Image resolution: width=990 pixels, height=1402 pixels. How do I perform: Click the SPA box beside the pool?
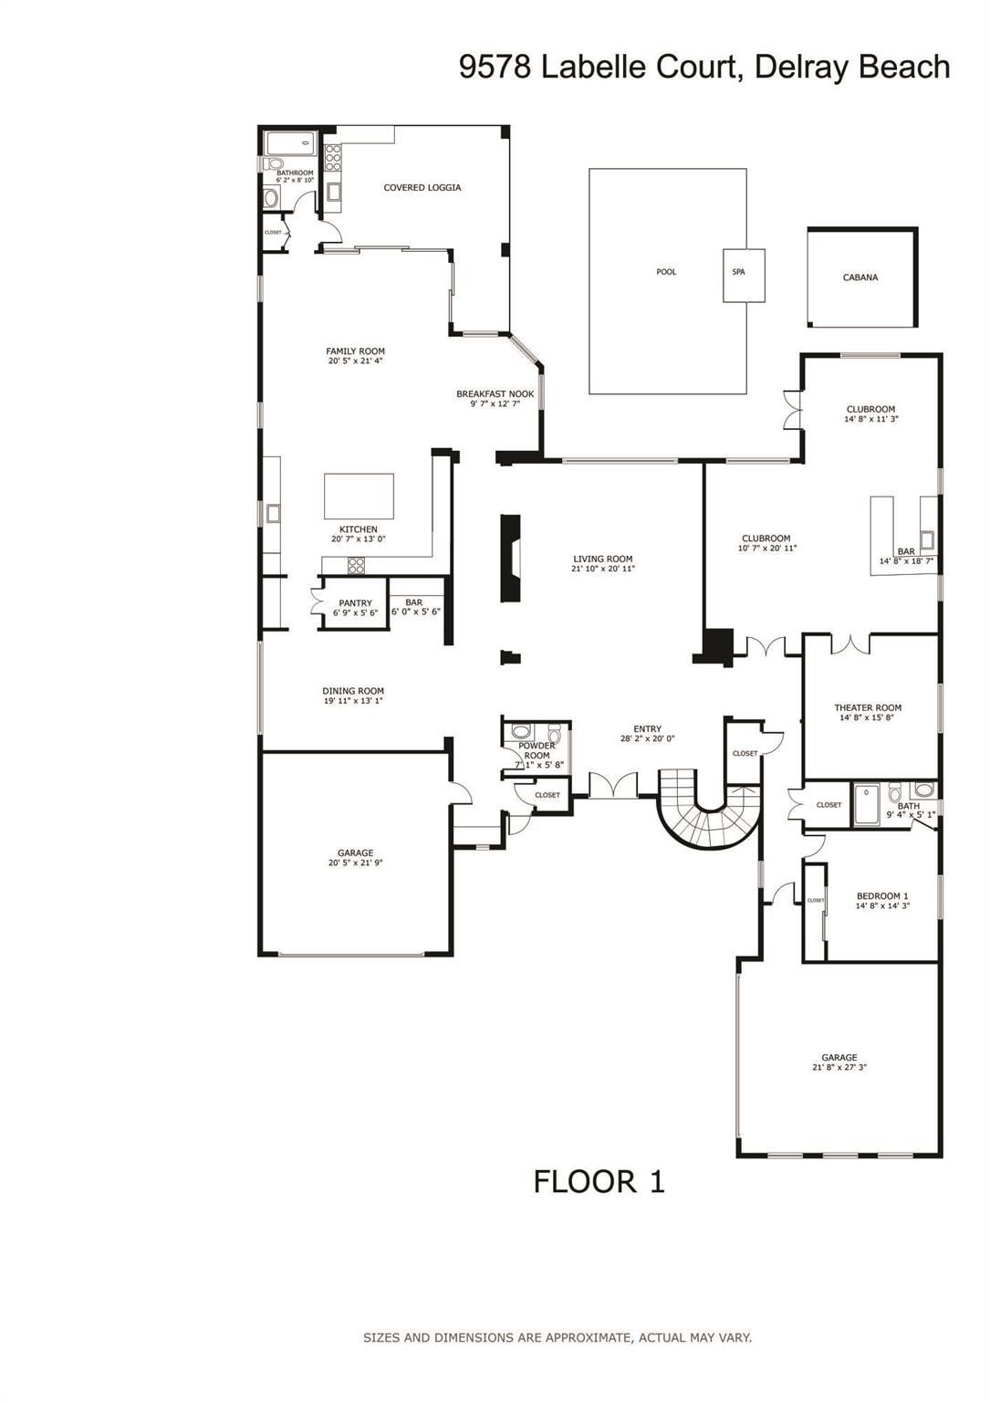coord(744,275)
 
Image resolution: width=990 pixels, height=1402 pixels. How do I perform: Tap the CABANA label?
coord(860,277)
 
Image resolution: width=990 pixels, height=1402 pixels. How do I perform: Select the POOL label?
coord(666,272)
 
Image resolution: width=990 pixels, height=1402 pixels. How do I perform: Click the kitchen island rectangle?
coord(359,496)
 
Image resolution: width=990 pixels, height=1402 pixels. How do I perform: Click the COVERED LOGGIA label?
coord(422,188)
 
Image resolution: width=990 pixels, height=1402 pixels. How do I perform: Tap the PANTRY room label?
coord(355,603)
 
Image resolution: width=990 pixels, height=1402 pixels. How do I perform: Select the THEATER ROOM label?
coord(867,707)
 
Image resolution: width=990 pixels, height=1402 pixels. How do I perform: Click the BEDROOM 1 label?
coord(881,895)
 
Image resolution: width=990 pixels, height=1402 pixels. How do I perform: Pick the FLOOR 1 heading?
coord(599,1181)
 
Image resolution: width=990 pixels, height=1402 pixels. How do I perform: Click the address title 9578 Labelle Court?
coord(703,68)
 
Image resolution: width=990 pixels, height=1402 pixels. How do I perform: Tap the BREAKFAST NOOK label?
coord(495,394)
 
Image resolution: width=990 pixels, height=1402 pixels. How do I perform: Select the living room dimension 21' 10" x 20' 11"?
coord(602,569)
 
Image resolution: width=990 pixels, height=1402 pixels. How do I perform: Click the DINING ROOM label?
coord(353,691)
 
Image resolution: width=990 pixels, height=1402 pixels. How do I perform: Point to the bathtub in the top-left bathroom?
coord(289,143)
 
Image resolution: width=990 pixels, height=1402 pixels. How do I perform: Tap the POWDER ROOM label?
coord(537,750)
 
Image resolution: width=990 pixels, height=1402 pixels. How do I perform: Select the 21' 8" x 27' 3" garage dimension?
coord(839,1067)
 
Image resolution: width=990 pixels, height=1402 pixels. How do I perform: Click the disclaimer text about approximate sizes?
coord(557,1337)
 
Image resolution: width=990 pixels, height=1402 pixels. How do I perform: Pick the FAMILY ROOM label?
coord(355,350)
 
